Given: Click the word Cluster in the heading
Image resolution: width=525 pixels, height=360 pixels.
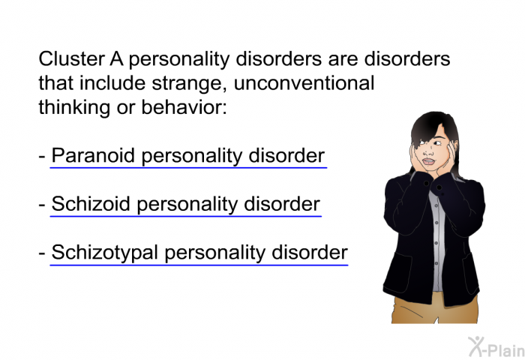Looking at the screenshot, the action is [x=72, y=58].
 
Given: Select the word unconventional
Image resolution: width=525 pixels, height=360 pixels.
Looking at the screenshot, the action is [x=304, y=82].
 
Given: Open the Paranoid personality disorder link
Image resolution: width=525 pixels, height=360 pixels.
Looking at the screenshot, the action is [x=188, y=156].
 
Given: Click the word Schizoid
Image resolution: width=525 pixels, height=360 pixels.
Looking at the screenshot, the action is [x=91, y=203].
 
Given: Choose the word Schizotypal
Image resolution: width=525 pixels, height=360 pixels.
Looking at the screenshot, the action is [x=104, y=253].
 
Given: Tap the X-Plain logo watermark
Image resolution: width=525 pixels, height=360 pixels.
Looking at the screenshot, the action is [x=496, y=346].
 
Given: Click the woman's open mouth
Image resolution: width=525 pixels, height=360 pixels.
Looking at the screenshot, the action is [x=428, y=162].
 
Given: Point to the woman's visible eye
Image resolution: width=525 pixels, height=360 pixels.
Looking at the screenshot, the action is [x=437, y=143].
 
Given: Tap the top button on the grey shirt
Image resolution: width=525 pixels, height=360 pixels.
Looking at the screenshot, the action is [x=436, y=202].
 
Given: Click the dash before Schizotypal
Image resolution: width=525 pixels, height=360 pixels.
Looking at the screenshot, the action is [x=42, y=253].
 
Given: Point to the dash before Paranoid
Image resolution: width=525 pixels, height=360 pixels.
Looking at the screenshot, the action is [x=42, y=157].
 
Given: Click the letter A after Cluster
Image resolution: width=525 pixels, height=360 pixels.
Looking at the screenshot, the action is [x=116, y=59].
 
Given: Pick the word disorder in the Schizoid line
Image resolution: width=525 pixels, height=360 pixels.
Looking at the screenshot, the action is [x=282, y=203].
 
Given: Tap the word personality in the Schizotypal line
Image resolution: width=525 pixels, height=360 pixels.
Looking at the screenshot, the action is [x=215, y=253].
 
